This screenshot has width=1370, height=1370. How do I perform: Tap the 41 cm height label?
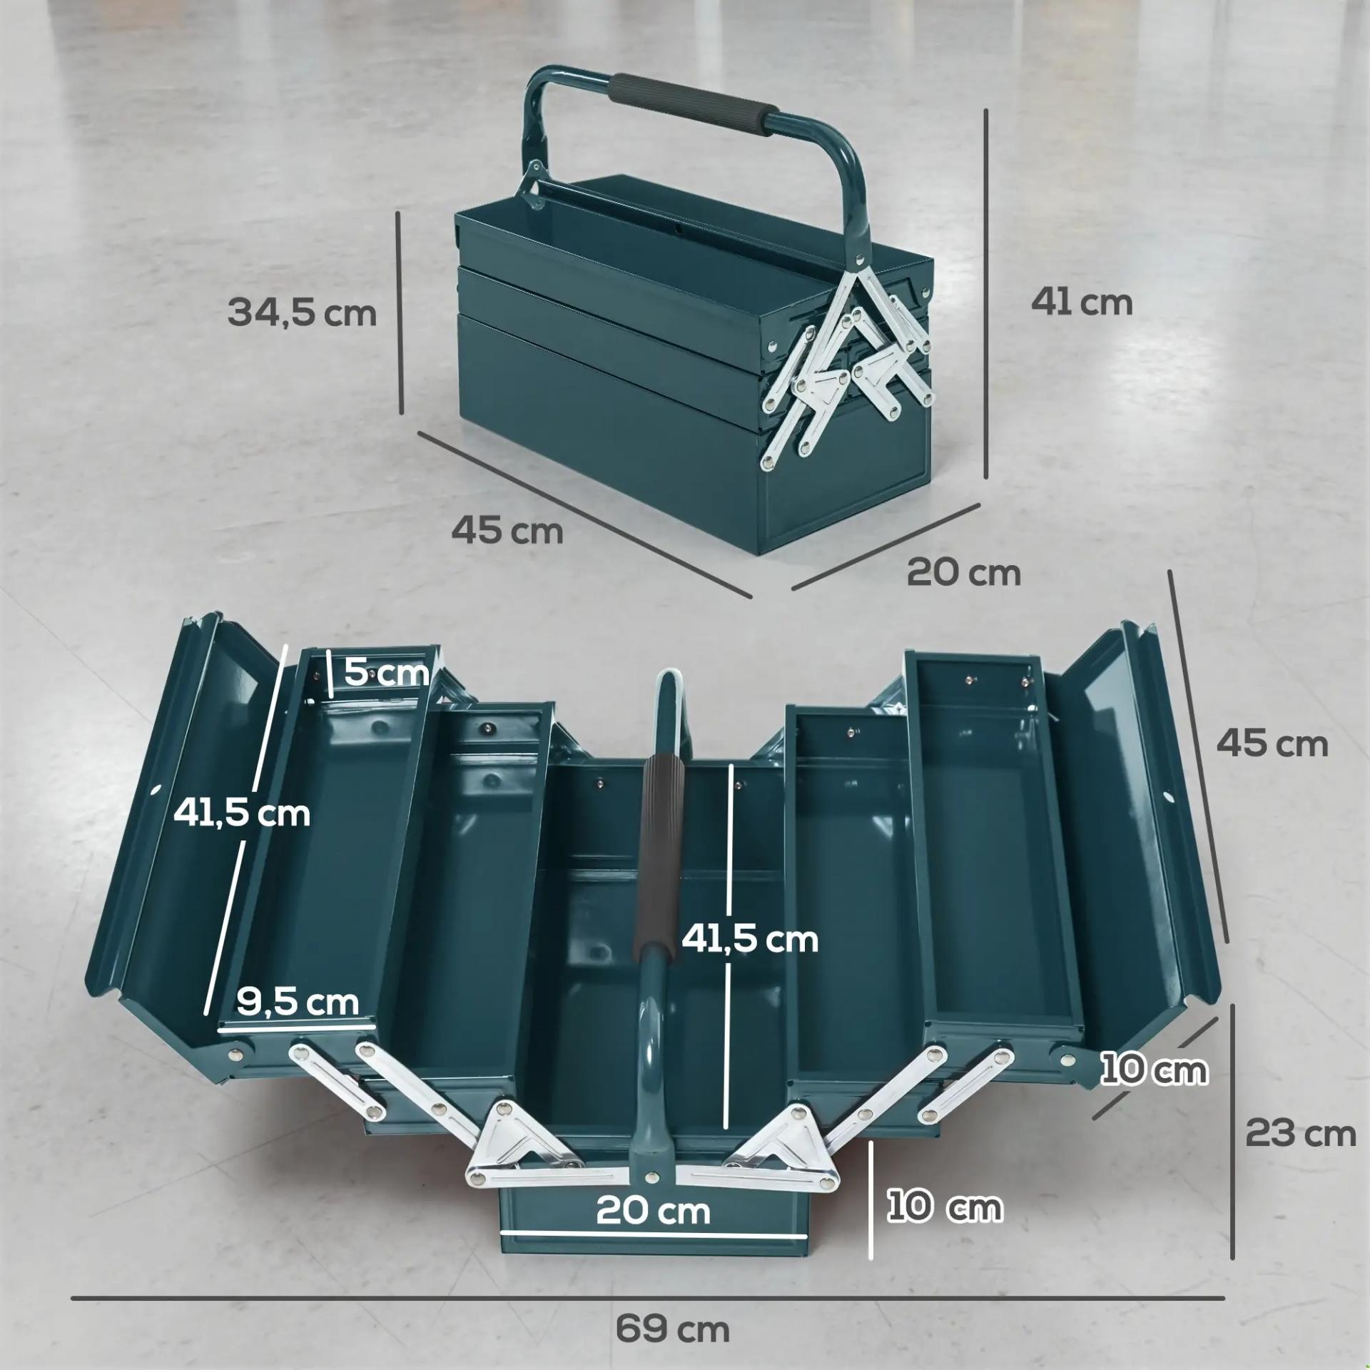[1082, 303]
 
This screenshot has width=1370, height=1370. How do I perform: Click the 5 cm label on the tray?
[387, 671]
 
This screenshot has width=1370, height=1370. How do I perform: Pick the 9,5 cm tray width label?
[298, 1002]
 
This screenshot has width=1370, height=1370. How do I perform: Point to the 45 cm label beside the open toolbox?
[1272, 744]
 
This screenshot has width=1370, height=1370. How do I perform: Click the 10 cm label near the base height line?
[945, 1207]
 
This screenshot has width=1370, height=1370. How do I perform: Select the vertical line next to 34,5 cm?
[402, 311]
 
